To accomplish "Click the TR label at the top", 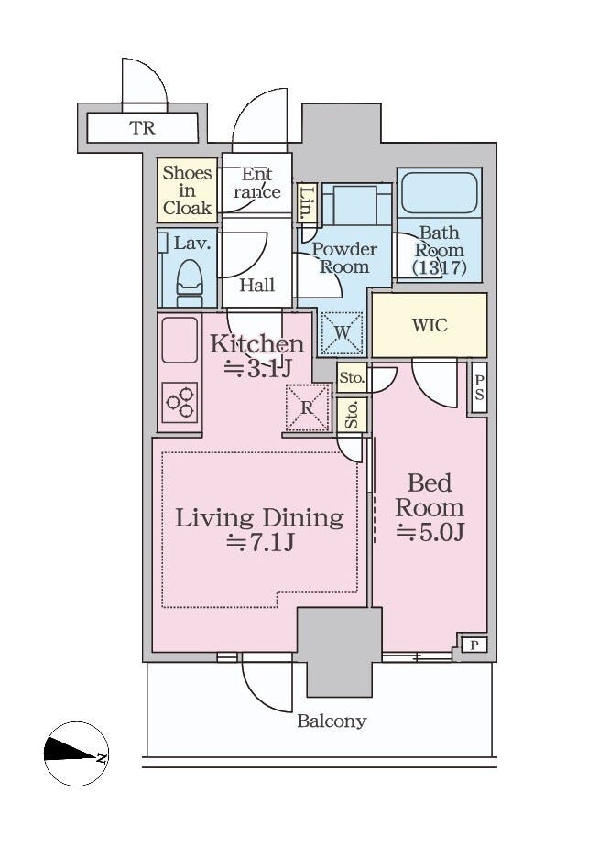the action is pyautogui.click(x=143, y=128).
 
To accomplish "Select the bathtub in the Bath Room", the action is pyautogui.click(x=440, y=192).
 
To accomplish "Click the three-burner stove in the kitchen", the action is pyautogui.click(x=180, y=402).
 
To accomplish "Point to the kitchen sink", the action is pyautogui.click(x=180, y=340).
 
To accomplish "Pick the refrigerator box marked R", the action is pyautogui.click(x=308, y=407).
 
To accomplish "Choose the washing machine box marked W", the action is pyautogui.click(x=343, y=333).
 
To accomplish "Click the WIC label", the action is pyautogui.click(x=430, y=325).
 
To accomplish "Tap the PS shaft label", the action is pyautogui.click(x=479, y=387).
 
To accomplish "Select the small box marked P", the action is pyautogui.click(x=474, y=645).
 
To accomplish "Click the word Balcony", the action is pyautogui.click(x=332, y=721).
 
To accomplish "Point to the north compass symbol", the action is pyautogui.click(x=76, y=754).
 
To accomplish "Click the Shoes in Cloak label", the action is pyautogui.click(x=187, y=190).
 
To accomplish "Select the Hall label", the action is pyautogui.click(x=256, y=285).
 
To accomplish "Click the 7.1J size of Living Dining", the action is pyautogui.click(x=259, y=542).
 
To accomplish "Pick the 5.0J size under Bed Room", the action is pyautogui.click(x=430, y=533).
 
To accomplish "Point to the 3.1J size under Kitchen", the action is pyautogui.click(x=257, y=368).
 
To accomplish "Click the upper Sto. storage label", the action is pyautogui.click(x=352, y=378).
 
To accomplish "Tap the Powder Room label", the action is pyautogui.click(x=344, y=258).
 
